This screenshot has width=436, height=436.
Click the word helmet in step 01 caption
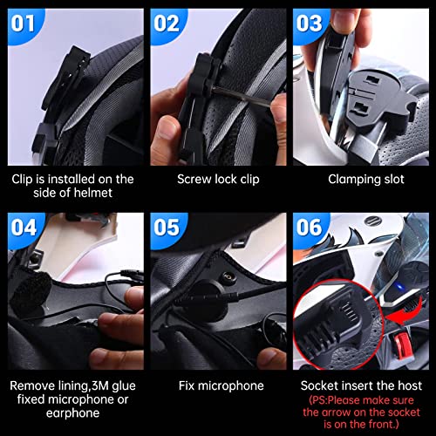coord(93,194)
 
